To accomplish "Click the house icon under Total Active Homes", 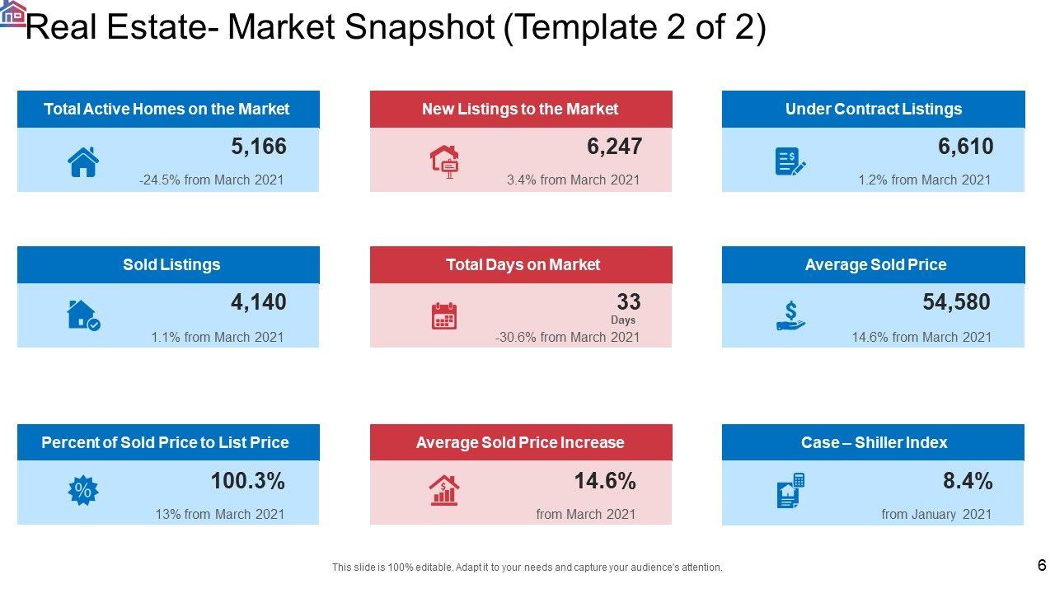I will point(83,161).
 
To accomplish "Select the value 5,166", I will point(259,147).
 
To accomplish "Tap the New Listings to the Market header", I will point(520,109).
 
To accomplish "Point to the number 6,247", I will point(614,147).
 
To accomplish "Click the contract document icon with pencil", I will point(790,161).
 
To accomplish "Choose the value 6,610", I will point(965,147).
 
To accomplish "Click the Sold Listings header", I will point(171,264).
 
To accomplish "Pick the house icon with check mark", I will point(82,315).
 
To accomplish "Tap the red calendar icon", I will point(444,316).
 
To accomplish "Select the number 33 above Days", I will point(628,301).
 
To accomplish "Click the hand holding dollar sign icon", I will point(790,315).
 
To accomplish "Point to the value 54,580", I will point(956,302).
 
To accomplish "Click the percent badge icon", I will point(82,491).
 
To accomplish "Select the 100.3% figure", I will point(247,481).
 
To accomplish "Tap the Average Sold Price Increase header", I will point(520,442).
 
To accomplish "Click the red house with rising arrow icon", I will point(444,491).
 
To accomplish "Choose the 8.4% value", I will point(968,481).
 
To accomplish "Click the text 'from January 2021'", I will point(936,514).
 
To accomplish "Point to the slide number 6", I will point(1042,565).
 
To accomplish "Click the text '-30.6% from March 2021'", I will point(567,337).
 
